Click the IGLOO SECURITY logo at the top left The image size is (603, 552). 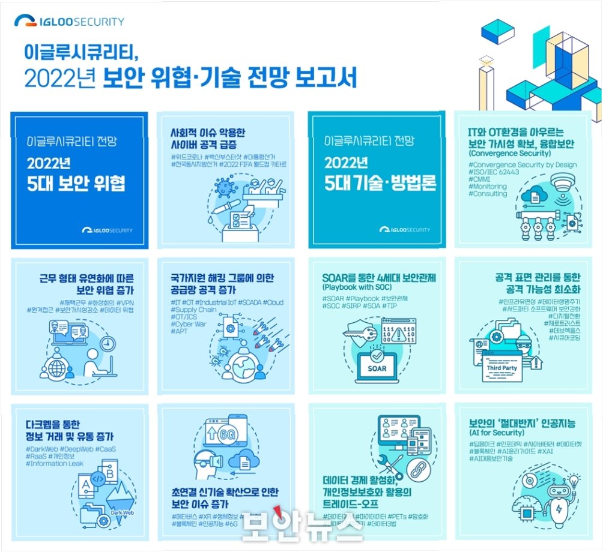[69, 22]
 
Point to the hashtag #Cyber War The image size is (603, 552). [188, 323]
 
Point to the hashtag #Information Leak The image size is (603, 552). [55, 463]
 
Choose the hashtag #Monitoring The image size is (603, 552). [487, 187]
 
